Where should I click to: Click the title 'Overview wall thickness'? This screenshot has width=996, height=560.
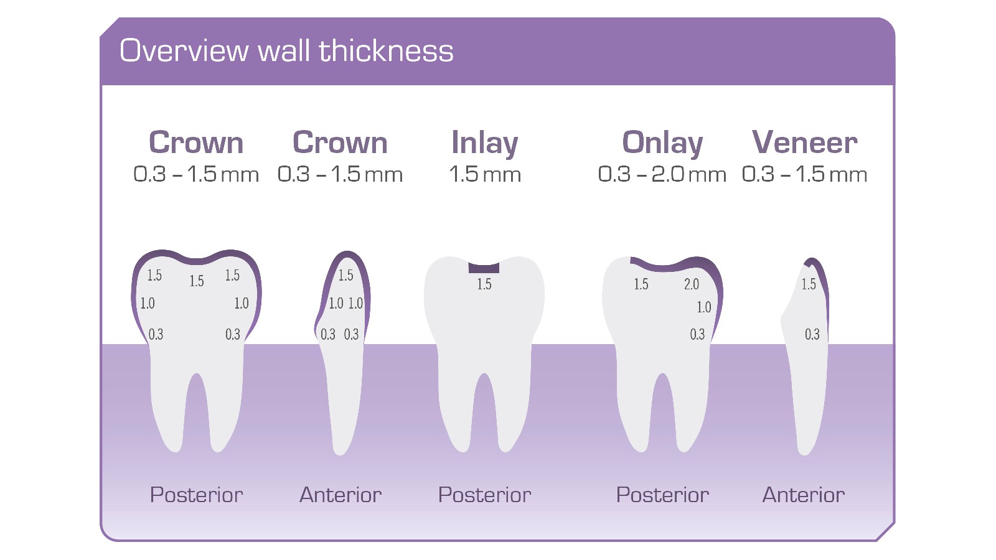tap(286, 51)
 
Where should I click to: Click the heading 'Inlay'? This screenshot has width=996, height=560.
tap(484, 143)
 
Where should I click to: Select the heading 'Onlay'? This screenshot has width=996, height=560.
tap(662, 143)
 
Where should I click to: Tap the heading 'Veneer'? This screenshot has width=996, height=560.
tap(804, 142)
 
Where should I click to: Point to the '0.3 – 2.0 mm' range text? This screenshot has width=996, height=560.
tap(662, 174)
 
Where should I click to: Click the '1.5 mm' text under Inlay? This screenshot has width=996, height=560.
tap(484, 174)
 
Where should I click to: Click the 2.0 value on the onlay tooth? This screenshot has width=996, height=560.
tap(692, 284)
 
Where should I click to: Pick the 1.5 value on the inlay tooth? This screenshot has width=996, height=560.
tap(484, 284)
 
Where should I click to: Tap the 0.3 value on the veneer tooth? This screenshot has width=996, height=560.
tap(812, 335)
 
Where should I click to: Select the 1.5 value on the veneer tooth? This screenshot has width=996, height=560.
tap(809, 284)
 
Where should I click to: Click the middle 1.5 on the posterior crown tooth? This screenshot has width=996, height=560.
tap(197, 281)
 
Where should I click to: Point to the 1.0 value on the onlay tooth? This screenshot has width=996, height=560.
tap(704, 307)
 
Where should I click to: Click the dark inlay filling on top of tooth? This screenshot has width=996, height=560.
tap(484, 268)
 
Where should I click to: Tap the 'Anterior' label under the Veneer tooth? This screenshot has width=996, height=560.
tap(804, 495)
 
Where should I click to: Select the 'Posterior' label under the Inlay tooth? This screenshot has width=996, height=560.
tap(484, 495)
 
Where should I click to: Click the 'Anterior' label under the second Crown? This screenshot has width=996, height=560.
tap(341, 495)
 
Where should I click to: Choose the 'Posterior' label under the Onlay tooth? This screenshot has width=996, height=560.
tap(662, 495)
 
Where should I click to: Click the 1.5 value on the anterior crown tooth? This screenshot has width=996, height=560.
tap(345, 275)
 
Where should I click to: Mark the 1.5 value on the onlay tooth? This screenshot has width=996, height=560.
tap(641, 284)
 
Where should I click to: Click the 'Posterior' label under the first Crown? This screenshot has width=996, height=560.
tap(197, 495)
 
